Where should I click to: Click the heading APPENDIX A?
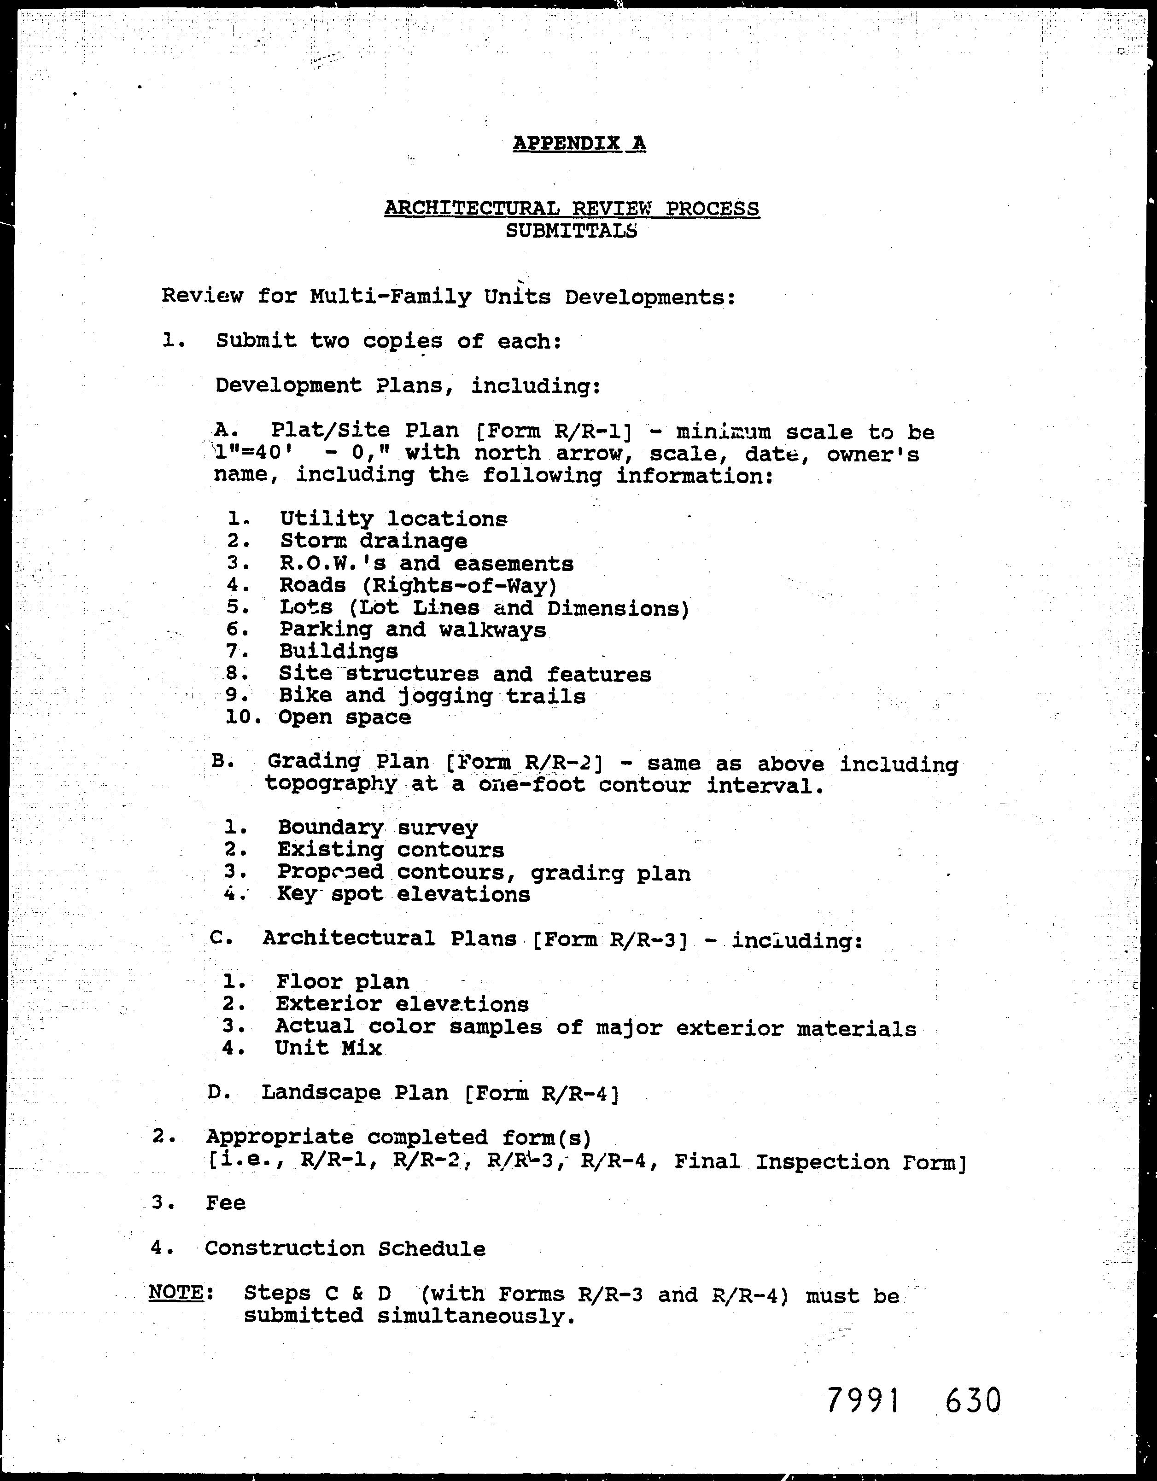tap(578, 144)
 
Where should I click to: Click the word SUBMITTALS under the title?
tap(571, 231)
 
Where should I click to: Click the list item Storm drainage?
tap(373, 541)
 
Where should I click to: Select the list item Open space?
tap(345, 717)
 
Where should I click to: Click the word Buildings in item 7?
tap(339, 652)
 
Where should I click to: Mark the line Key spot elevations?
tap(403, 894)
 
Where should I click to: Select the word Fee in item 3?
tap(225, 1203)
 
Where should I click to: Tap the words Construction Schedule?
tap(345, 1248)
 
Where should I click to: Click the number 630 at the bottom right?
tap(972, 1399)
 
